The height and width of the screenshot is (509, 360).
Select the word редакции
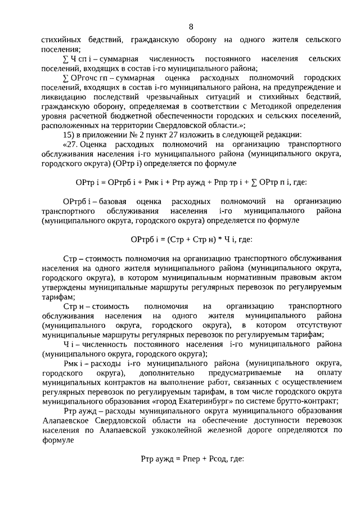point(271,134)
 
